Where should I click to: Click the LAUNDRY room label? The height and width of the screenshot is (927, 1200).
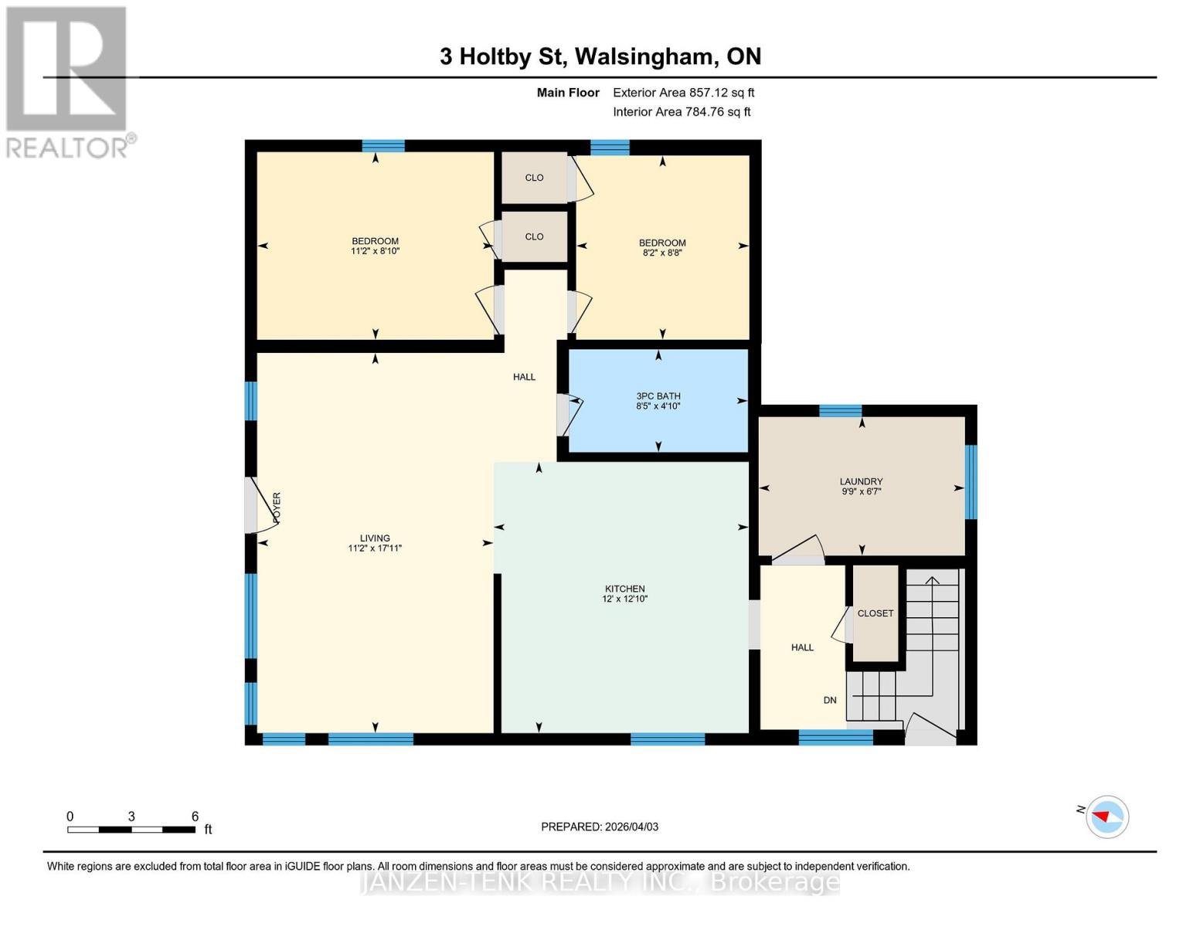(861, 481)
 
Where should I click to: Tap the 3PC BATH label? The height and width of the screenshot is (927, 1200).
(658, 396)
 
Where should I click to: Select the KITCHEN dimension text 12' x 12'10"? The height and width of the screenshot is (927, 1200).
(624, 599)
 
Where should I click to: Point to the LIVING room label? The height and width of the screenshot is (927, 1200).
(375, 538)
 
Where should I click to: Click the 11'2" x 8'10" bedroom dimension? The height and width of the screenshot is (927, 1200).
(375, 251)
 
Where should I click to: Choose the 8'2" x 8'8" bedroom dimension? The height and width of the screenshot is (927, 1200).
(662, 253)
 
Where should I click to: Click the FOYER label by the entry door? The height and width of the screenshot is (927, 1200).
(277, 508)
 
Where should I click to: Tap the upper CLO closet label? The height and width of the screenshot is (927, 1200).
(534, 178)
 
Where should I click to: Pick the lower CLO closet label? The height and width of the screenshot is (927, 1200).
(534, 237)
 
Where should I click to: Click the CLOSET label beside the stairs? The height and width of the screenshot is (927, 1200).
(875, 613)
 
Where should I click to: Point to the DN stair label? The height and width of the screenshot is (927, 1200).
(830, 701)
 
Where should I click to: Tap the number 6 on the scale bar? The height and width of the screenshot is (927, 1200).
(195, 817)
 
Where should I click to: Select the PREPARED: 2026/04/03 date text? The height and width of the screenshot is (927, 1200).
(600, 827)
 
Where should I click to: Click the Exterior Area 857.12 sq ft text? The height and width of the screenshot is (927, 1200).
(683, 93)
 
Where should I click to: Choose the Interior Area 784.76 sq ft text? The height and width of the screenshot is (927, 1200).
(682, 112)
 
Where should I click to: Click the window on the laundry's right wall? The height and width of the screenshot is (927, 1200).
(971, 482)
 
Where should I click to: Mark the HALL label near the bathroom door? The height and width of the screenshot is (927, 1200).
(524, 377)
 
